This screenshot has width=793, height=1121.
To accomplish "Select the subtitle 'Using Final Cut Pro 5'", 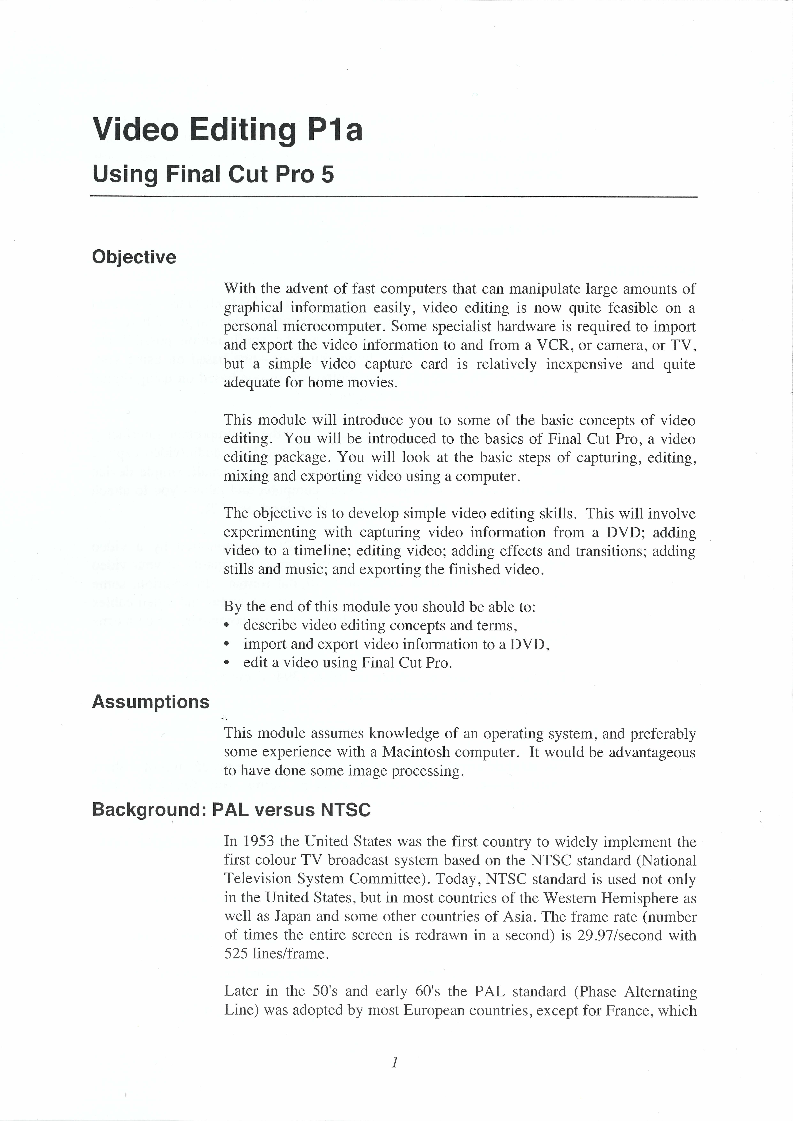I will coord(213,174).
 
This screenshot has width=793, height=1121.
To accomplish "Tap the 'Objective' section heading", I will coord(134,257).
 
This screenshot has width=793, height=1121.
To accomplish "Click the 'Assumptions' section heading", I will coord(150,702).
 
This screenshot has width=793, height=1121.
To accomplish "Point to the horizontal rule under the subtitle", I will coord(394,197).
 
